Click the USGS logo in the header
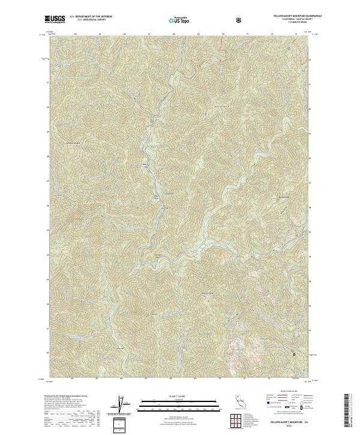click(55, 20)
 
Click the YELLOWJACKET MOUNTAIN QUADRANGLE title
click(284, 16)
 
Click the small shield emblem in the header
click(240, 20)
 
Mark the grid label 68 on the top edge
click(173, 35)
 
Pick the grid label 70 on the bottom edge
click(223, 378)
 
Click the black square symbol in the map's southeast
click(294, 354)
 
